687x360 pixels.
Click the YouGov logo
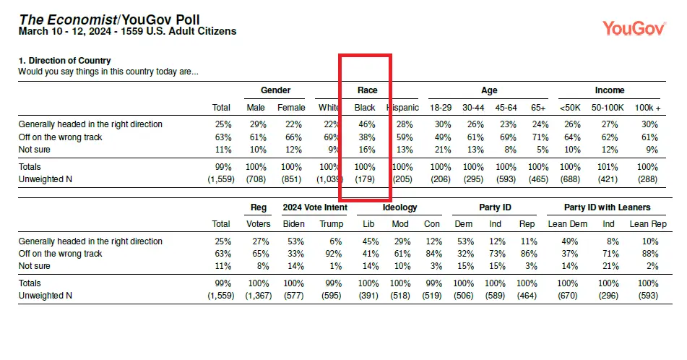(634, 28)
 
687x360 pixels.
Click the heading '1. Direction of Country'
(64, 61)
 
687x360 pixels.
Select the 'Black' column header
(365, 108)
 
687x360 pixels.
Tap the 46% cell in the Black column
(367, 124)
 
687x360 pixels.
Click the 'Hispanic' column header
(402, 108)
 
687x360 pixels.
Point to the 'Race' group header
(367, 90)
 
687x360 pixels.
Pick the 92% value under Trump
(334, 254)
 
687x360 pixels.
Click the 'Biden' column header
(293, 224)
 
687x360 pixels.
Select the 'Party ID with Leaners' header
(607, 207)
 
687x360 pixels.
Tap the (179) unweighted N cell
(365, 179)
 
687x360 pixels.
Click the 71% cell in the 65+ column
(540, 137)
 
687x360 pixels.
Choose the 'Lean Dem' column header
(567, 224)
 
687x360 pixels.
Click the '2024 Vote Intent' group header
(315, 207)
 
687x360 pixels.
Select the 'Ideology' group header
(399, 207)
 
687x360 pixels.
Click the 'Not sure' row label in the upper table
(34, 150)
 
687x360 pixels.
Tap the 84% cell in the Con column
(433, 254)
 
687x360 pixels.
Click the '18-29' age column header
(441, 108)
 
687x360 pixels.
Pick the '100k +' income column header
(647, 108)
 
